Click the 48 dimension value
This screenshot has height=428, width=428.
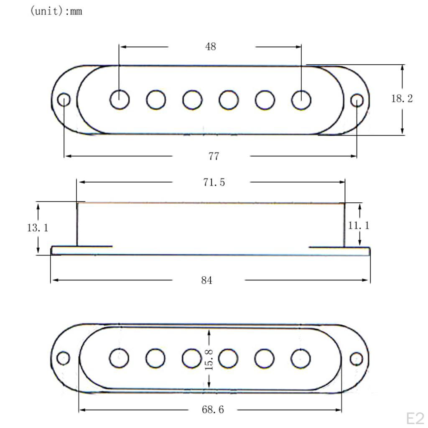pyautogui.click(x=211, y=47)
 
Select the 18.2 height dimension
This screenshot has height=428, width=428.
pyautogui.click(x=402, y=99)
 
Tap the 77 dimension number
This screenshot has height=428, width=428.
pyautogui.click(x=214, y=156)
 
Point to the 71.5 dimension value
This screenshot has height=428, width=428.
pyautogui.click(x=214, y=182)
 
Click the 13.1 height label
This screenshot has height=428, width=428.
pyautogui.click(x=38, y=228)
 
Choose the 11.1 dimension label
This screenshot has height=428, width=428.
pyautogui.click(x=359, y=225)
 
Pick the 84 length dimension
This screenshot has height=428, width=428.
pyautogui.click(x=206, y=280)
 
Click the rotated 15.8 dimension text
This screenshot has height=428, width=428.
pyautogui.click(x=209, y=360)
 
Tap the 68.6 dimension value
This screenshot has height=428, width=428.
pyautogui.click(x=213, y=410)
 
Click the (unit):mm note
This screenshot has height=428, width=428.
pyautogui.click(x=56, y=11)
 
